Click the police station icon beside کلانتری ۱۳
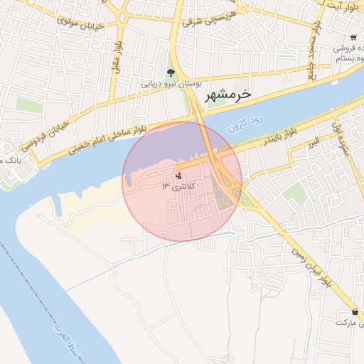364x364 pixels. pos(178,175)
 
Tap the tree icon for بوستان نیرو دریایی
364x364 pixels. pos(171,73)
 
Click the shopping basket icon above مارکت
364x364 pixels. pos(354,311)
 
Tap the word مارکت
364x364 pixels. pos(346,323)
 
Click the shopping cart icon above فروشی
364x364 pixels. pos(353,37)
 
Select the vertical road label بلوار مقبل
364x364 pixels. pos(114,53)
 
